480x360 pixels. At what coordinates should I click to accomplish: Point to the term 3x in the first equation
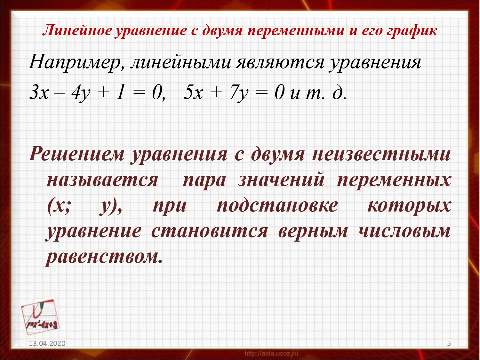[39, 92]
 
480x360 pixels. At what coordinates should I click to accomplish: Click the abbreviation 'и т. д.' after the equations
[318, 93]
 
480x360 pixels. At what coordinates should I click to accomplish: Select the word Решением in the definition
[76, 154]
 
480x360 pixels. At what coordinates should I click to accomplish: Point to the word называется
[102, 180]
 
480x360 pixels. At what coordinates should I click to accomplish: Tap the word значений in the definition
[281, 180]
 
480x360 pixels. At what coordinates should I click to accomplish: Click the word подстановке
[277, 206]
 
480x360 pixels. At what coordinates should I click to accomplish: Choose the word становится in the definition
[210, 231]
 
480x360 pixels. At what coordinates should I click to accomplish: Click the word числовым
[404, 231]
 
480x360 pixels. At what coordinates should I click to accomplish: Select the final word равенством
[104, 258]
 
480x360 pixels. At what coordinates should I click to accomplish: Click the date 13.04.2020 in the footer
[47, 343]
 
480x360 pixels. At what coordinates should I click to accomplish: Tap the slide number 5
[449, 343]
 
